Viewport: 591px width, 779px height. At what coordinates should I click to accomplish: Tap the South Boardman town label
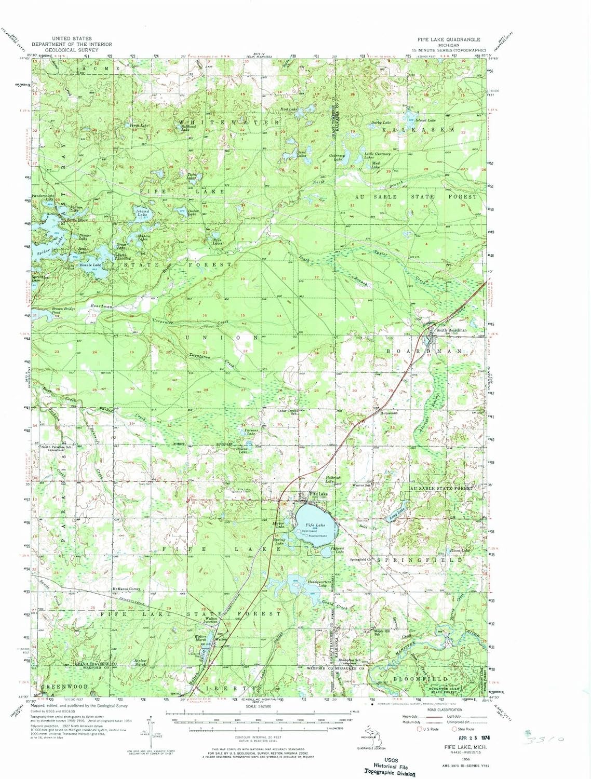(x=451, y=330)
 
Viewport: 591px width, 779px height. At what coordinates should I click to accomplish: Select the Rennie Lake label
(x=91, y=265)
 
